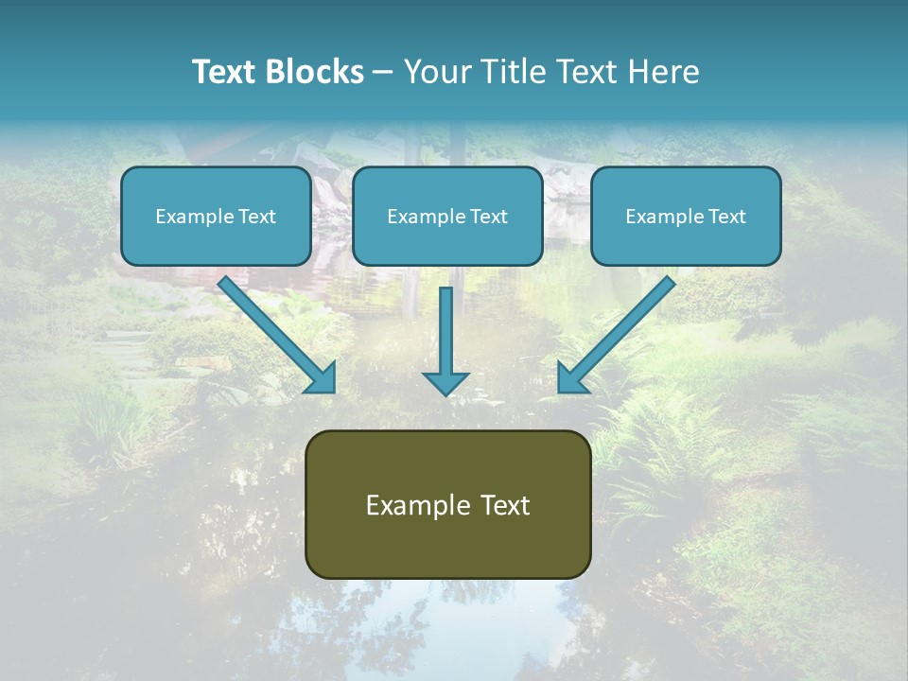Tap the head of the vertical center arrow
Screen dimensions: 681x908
[445, 382]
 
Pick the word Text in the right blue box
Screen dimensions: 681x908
[726, 217]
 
